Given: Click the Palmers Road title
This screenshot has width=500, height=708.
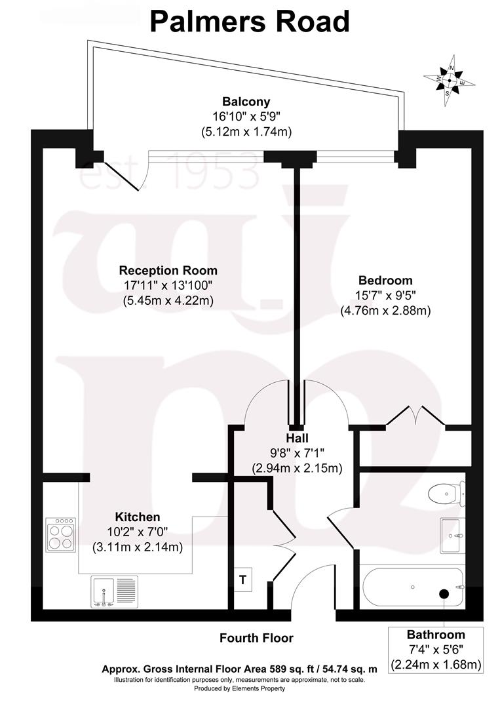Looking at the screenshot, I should pos(250,22).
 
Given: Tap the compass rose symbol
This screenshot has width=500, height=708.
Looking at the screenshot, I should pos(449,81).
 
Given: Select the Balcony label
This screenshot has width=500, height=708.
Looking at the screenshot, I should pos(246,102).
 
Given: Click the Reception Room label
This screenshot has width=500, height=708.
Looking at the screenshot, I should pos(168,270).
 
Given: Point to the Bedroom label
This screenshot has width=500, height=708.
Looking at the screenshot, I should pos(385,280).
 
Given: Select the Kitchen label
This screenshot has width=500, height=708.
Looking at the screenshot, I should pos(138,517).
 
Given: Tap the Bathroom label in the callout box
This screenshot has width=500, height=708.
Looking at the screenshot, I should pos(436,635).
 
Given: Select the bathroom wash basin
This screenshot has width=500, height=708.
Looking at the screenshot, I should pos(453,536).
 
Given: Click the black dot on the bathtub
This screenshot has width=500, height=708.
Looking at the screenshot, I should pos(444,593).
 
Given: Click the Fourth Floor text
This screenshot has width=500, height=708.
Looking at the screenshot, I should pos(256,638).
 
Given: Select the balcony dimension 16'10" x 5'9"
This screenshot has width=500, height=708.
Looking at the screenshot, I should pos(246,117).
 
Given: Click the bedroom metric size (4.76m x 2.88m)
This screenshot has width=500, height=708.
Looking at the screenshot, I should pos(385,311).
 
